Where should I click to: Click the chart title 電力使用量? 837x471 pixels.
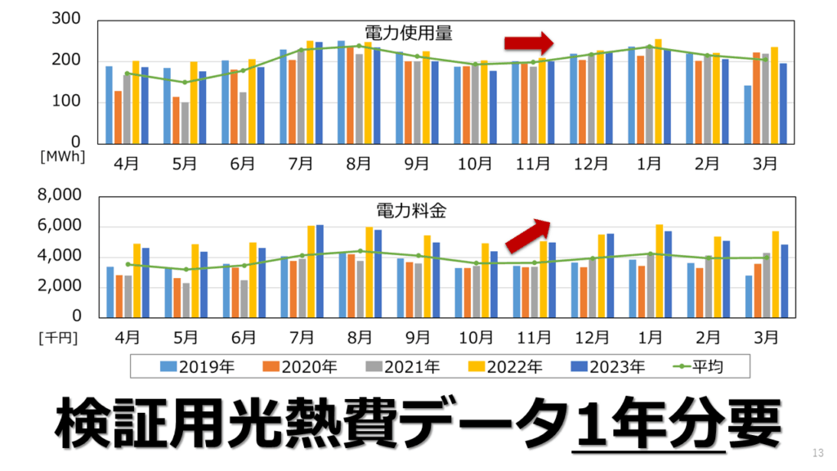tap(408, 34)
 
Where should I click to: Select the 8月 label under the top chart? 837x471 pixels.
tap(358, 163)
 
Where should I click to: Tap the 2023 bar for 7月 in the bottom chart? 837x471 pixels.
tap(320, 271)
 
